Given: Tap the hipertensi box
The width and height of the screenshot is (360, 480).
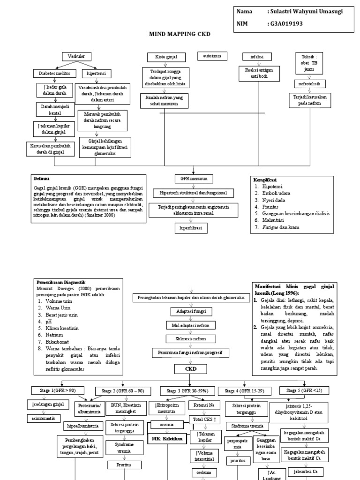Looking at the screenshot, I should click(x=96, y=73).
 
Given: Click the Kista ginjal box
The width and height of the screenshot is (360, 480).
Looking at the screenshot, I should click(x=165, y=57).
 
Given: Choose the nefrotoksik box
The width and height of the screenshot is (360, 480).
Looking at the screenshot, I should click(x=309, y=84).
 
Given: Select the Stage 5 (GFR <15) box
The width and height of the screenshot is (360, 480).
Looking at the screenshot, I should click(x=304, y=390).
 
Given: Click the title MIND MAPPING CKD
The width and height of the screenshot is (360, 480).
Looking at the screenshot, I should click(x=180, y=34).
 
